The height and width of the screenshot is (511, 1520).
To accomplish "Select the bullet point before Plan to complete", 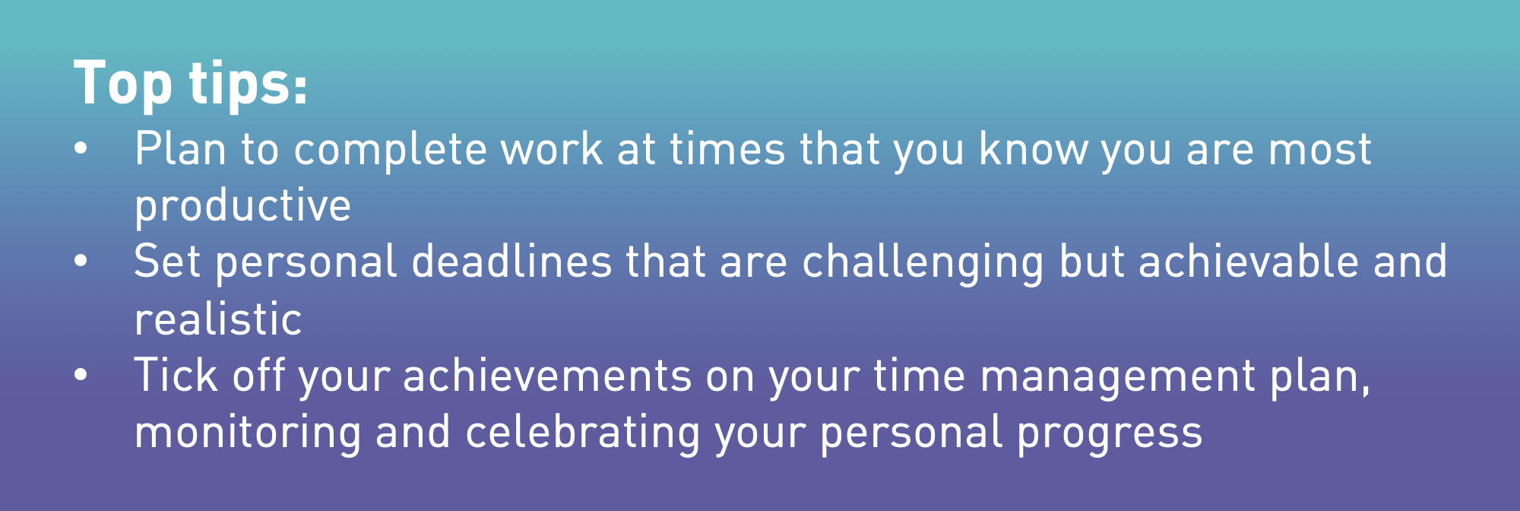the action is pos(81,148).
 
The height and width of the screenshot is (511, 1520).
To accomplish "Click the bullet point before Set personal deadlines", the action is pos(81,261).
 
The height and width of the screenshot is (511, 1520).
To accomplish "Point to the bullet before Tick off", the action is pos(81,375).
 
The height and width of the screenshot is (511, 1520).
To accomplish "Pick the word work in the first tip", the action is pos(552,148).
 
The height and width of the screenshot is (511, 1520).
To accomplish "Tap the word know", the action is pos(1033,148).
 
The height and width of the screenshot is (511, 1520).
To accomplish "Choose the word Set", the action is pos(167,262).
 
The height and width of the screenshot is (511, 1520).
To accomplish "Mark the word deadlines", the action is pos(511,262).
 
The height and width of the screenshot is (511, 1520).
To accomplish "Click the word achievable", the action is pos(1249,262).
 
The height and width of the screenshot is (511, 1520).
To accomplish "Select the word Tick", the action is pos(176,375).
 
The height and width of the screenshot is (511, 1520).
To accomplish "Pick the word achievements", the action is pos(547,376).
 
